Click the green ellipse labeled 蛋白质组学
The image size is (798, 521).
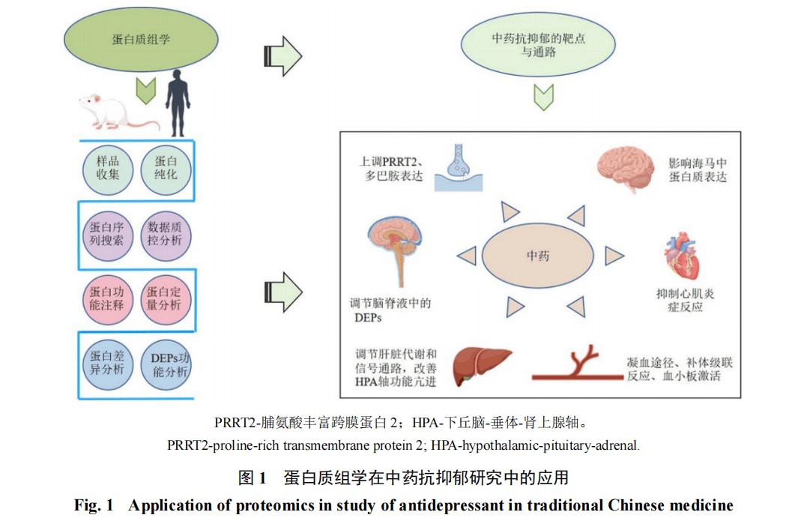tap(141, 39)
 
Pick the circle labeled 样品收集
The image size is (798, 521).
tap(108, 169)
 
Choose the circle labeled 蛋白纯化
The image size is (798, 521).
tap(166, 169)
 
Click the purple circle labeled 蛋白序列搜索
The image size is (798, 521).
tap(108, 235)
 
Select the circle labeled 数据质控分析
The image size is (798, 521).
tap(166, 235)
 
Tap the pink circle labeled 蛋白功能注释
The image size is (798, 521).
tap(108, 299)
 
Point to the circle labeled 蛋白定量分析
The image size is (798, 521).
tap(166, 299)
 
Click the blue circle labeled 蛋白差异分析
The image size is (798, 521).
tap(108, 364)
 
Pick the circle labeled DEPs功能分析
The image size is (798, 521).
tap(166, 364)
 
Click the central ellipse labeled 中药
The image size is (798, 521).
tap(538, 256)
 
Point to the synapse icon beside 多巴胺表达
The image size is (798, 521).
tap(457, 166)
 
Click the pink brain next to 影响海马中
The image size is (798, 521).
tap(626, 169)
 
